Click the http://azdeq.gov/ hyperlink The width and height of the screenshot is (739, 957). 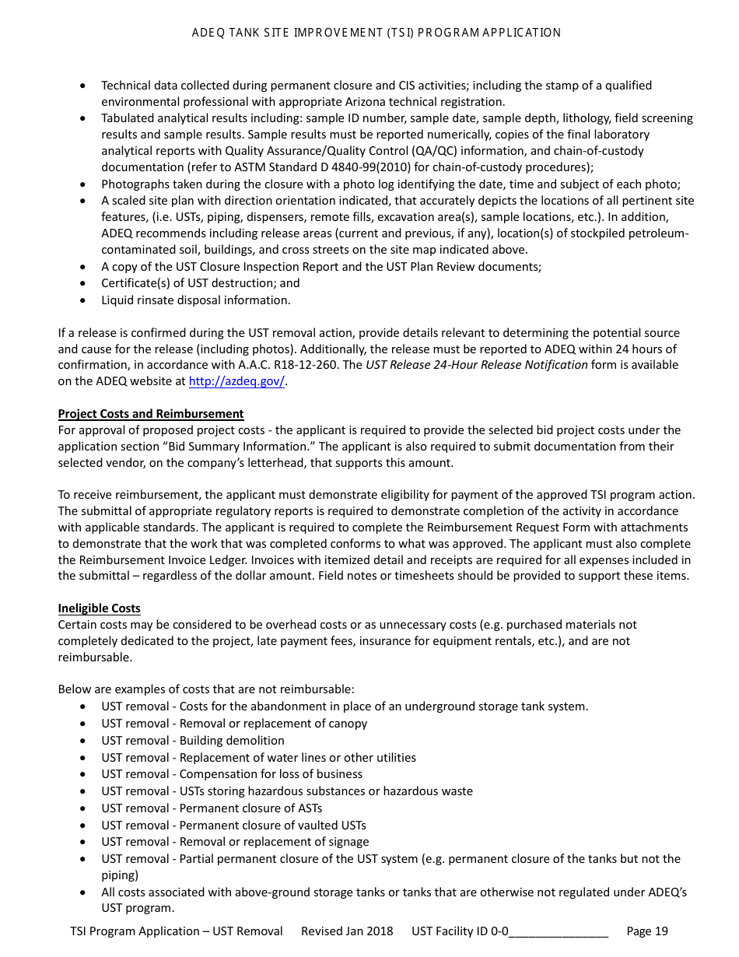(236, 381)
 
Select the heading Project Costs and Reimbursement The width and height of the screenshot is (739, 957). (150, 414)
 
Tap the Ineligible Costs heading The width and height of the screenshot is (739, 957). (99, 608)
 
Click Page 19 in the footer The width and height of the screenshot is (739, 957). (646, 931)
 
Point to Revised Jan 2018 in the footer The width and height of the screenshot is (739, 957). (347, 931)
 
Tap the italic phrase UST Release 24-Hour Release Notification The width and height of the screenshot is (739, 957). (477, 365)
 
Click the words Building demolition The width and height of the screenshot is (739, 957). (232, 741)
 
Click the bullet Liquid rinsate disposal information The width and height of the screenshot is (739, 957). (195, 300)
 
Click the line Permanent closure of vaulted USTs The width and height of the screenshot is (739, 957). (272, 825)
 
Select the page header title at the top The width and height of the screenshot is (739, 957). (377, 33)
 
